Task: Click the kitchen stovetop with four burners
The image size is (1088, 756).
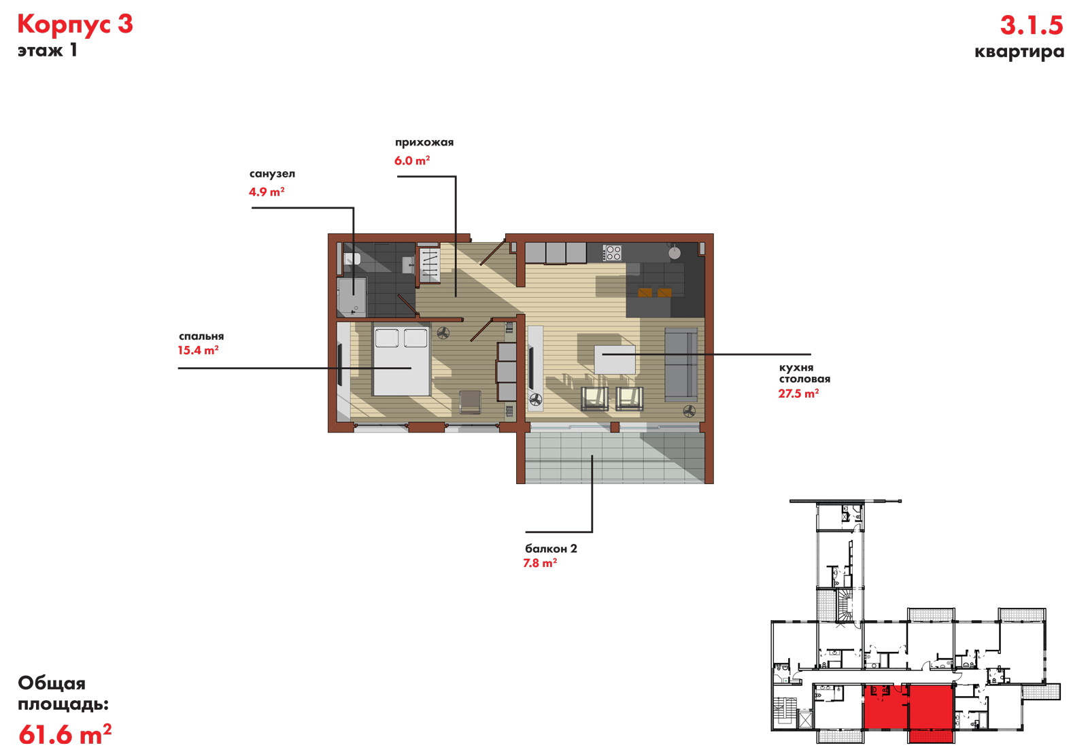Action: (612, 253)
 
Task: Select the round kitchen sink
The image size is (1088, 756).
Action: (674, 252)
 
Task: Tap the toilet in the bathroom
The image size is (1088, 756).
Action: (352, 259)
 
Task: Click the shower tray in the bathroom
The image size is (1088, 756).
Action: (352, 297)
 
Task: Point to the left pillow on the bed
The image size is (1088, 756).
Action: (387, 338)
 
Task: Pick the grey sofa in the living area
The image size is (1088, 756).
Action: (681, 364)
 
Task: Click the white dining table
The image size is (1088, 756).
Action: (615, 360)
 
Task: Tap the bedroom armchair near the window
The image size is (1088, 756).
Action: (470, 402)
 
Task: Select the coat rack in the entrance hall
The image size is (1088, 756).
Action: (429, 265)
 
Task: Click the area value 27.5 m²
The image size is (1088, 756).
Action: (798, 393)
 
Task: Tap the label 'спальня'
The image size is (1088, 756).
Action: (201, 336)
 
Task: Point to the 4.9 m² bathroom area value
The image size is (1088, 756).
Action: (267, 192)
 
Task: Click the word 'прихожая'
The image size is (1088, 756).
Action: (424, 142)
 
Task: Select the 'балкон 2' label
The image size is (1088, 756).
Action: (551, 549)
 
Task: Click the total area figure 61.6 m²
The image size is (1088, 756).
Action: (65, 734)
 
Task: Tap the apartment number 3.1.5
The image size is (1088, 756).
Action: (1032, 25)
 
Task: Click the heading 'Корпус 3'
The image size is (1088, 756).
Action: (75, 24)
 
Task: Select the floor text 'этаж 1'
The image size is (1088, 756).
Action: (48, 50)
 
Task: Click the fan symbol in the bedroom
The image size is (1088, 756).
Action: (443, 333)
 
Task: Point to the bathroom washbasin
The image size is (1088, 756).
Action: (409, 264)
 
